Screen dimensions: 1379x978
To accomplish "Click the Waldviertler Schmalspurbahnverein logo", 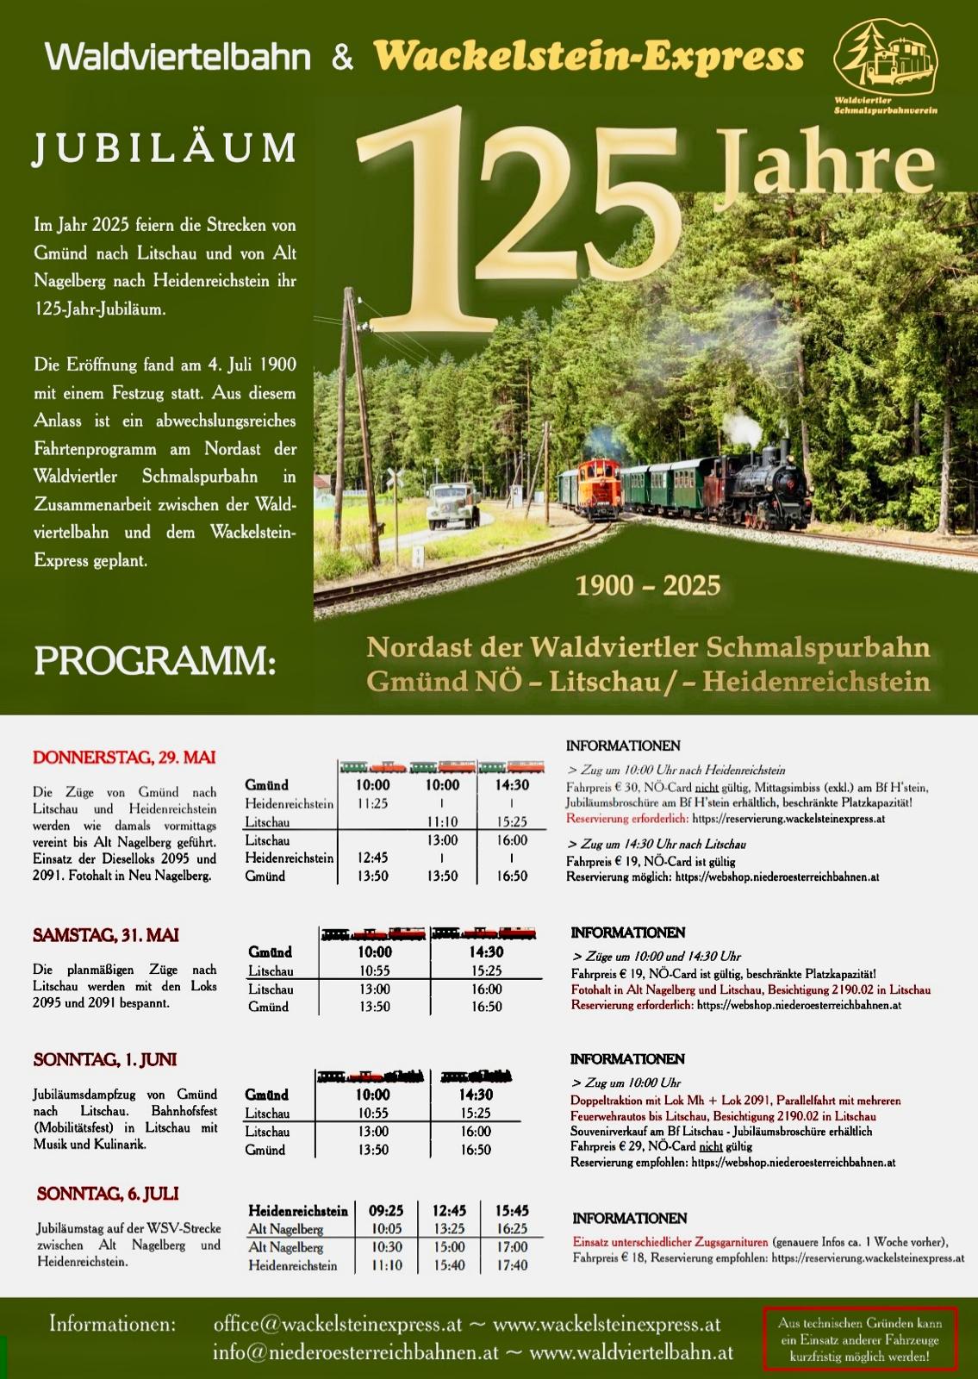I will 886,67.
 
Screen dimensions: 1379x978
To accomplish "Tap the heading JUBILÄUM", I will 165,148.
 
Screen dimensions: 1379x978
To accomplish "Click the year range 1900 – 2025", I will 648,586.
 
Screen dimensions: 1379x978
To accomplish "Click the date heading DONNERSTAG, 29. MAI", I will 124,758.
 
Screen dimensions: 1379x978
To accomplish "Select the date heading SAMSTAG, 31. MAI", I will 106,935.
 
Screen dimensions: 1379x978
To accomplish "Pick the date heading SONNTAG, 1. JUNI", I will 105,1059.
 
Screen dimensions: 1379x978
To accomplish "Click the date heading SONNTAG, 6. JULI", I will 108,1194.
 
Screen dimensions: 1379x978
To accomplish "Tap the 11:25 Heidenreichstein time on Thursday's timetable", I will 372,803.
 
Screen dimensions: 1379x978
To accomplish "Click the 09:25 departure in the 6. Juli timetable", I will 386,1211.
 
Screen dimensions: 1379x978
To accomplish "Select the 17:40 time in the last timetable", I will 512,1265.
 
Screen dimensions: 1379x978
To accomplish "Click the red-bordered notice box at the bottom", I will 859,1338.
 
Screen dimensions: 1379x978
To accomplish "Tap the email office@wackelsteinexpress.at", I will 338,1324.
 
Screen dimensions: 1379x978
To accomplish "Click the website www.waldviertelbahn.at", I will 631,1353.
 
